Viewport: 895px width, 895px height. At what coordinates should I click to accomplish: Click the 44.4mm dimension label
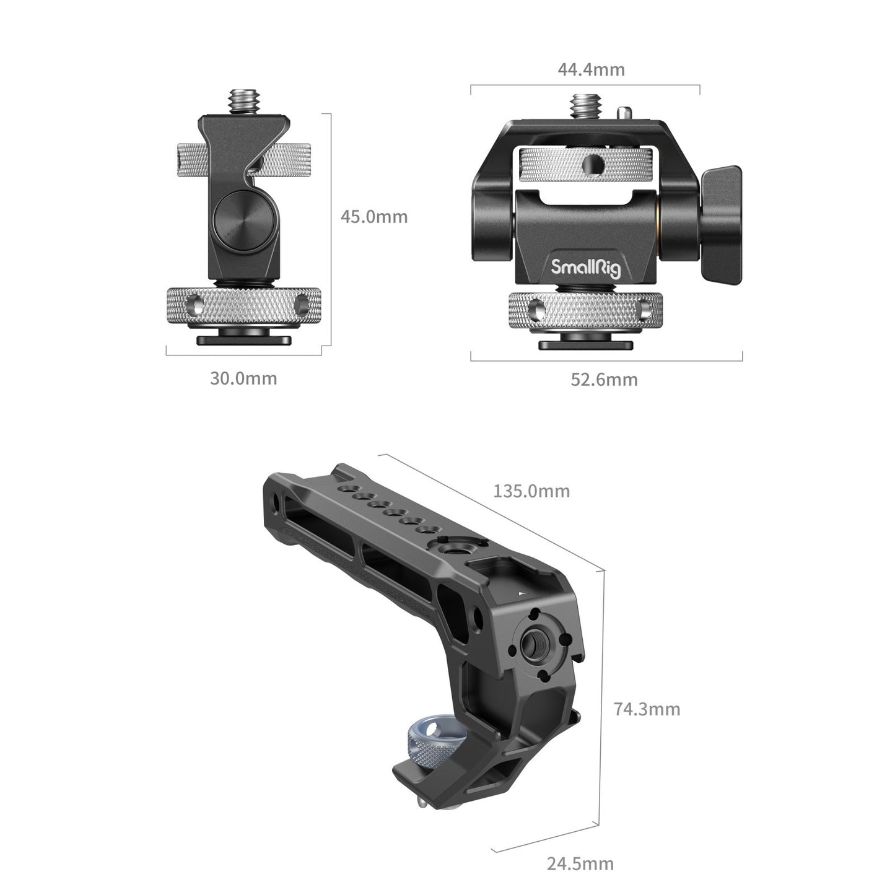591,69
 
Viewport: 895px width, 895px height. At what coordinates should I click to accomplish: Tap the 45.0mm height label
374,217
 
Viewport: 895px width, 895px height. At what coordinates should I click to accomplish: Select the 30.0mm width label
243,378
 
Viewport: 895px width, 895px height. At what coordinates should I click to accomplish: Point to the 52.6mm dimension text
604,379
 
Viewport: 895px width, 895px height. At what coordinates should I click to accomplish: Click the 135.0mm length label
531,491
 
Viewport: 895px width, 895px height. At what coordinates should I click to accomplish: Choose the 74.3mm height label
647,709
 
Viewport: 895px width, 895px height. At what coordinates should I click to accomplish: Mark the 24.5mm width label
580,863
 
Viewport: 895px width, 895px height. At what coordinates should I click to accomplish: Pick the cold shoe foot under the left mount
243,339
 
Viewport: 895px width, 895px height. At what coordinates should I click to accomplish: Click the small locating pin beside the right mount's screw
624,113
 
